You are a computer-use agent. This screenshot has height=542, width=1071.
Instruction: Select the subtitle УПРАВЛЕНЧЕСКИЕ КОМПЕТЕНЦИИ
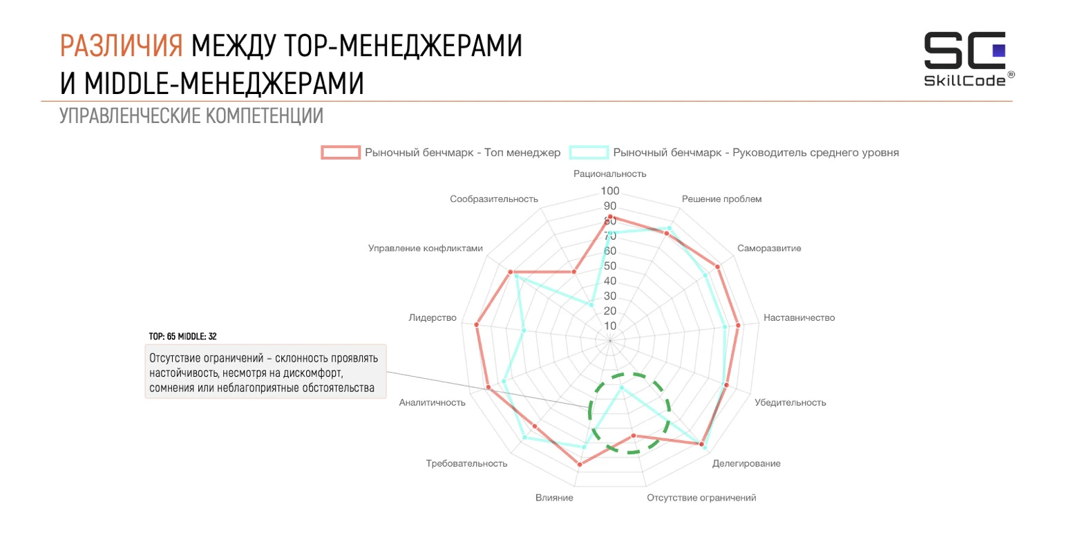coord(191,115)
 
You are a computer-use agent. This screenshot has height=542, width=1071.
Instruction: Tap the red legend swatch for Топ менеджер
coord(341,152)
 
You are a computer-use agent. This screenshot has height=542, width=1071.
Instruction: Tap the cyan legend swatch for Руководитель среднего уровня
coord(589,152)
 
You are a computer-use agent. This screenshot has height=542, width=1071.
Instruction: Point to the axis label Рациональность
coord(609,174)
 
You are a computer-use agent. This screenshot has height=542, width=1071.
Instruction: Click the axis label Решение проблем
coord(721,199)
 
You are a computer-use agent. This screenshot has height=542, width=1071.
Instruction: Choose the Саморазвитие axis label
coord(769,248)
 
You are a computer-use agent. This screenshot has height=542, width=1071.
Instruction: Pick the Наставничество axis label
coord(799,318)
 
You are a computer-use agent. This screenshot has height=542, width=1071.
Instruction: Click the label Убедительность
coord(790,402)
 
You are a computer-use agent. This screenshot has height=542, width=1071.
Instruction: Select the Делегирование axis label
coord(746,463)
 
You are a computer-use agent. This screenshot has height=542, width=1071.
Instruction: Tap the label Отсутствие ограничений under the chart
coord(701,498)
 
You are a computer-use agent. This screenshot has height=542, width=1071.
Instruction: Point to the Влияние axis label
coord(554,498)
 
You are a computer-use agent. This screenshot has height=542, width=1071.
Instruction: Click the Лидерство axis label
coord(433,318)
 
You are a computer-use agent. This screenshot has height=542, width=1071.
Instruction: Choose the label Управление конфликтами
coord(426,248)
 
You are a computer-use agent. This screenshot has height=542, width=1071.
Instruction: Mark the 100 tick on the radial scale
coord(611,191)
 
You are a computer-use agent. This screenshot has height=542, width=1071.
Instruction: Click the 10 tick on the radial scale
coord(611,326)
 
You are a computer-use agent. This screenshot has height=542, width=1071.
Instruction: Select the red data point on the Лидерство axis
coord(477,324)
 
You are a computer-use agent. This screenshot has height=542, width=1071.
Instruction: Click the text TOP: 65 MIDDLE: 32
coord(183,336)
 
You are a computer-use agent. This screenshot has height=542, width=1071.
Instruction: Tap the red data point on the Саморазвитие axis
coord(718,267)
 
